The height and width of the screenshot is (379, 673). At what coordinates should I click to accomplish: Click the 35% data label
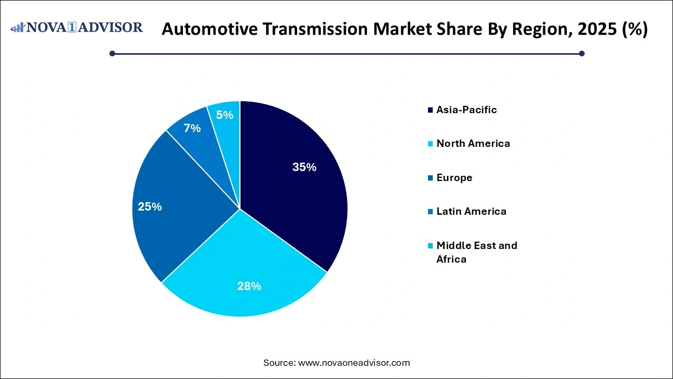(304, 167)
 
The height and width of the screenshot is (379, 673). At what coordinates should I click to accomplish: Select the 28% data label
(249, 286)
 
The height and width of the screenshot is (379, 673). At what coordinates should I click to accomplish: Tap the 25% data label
(150, 207)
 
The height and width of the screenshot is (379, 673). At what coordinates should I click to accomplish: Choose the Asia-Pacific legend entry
(466, 109)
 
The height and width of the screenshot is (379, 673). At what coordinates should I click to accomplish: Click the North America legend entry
(473, 143)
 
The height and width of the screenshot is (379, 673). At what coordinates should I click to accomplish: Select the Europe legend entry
(454, 177)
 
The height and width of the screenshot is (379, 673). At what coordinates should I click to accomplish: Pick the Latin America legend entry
(471, 211)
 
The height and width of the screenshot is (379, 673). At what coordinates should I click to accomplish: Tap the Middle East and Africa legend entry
(476, 252)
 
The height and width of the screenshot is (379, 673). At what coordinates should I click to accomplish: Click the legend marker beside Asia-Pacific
(431, 110)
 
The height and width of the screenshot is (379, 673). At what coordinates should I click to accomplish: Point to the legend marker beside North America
(431, 144)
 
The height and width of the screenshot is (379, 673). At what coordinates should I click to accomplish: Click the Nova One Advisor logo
(77, 27)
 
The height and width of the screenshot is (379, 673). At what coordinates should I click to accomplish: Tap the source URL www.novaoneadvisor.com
(354, 363)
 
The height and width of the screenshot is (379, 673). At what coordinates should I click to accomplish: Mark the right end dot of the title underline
(582, 53)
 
